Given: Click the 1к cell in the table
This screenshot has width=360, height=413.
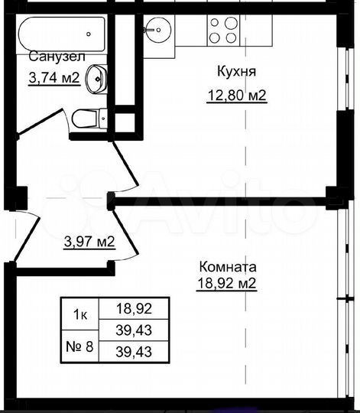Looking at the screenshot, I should [79, 311].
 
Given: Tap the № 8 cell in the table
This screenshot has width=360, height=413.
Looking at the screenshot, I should [79, 346].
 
